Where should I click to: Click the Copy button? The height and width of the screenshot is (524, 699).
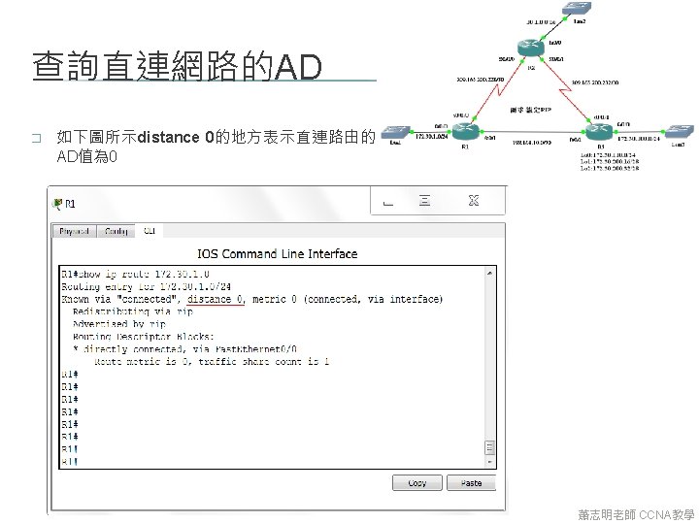point(417,482)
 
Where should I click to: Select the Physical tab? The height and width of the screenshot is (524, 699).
point(75,231)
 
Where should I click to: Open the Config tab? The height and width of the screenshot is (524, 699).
point(116,231)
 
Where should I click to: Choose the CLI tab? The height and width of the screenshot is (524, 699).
point(150,231)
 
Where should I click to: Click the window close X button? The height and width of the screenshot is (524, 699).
point(474,201)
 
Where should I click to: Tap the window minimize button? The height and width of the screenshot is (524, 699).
point(387,202)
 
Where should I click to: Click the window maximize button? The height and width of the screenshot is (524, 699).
point(424,201)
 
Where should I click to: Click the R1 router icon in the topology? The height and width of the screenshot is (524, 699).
point(465,133)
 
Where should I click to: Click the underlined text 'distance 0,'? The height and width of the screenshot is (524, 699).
point(217,299)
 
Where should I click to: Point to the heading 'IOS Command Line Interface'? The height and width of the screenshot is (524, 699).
point(278,254)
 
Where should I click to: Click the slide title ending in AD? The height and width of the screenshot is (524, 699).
point(176,67)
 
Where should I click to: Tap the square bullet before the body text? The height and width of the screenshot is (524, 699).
point(36,139)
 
